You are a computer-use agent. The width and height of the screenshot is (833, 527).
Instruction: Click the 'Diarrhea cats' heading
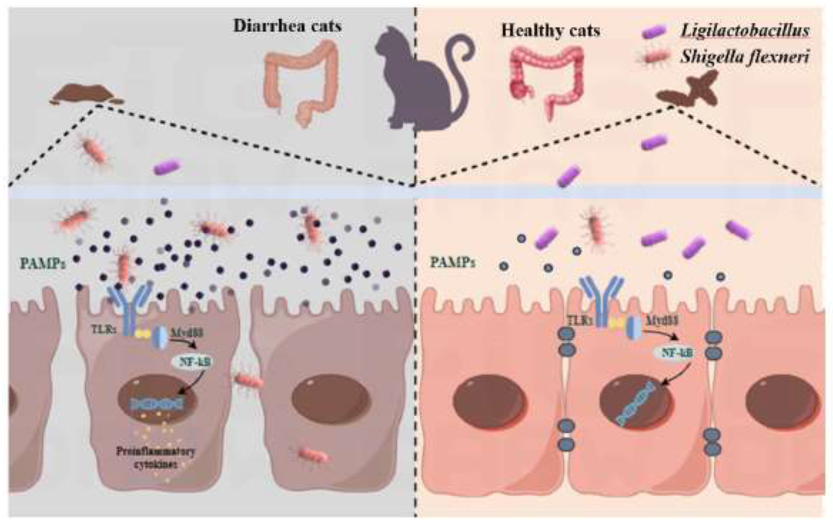[288, 26]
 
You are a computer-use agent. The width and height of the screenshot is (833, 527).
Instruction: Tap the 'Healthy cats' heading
[550, 31]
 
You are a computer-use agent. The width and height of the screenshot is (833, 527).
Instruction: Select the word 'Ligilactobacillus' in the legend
[745, 31]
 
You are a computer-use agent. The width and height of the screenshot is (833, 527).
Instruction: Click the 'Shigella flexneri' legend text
[744, 56]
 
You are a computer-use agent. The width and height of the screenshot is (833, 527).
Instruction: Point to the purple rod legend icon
[654, 32]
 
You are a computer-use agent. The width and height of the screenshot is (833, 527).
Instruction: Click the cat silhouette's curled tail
[462, 59]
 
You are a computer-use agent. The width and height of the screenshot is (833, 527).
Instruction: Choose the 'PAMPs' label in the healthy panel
[452, 262]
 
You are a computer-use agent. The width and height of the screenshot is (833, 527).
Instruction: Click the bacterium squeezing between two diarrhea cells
[248, 381]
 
